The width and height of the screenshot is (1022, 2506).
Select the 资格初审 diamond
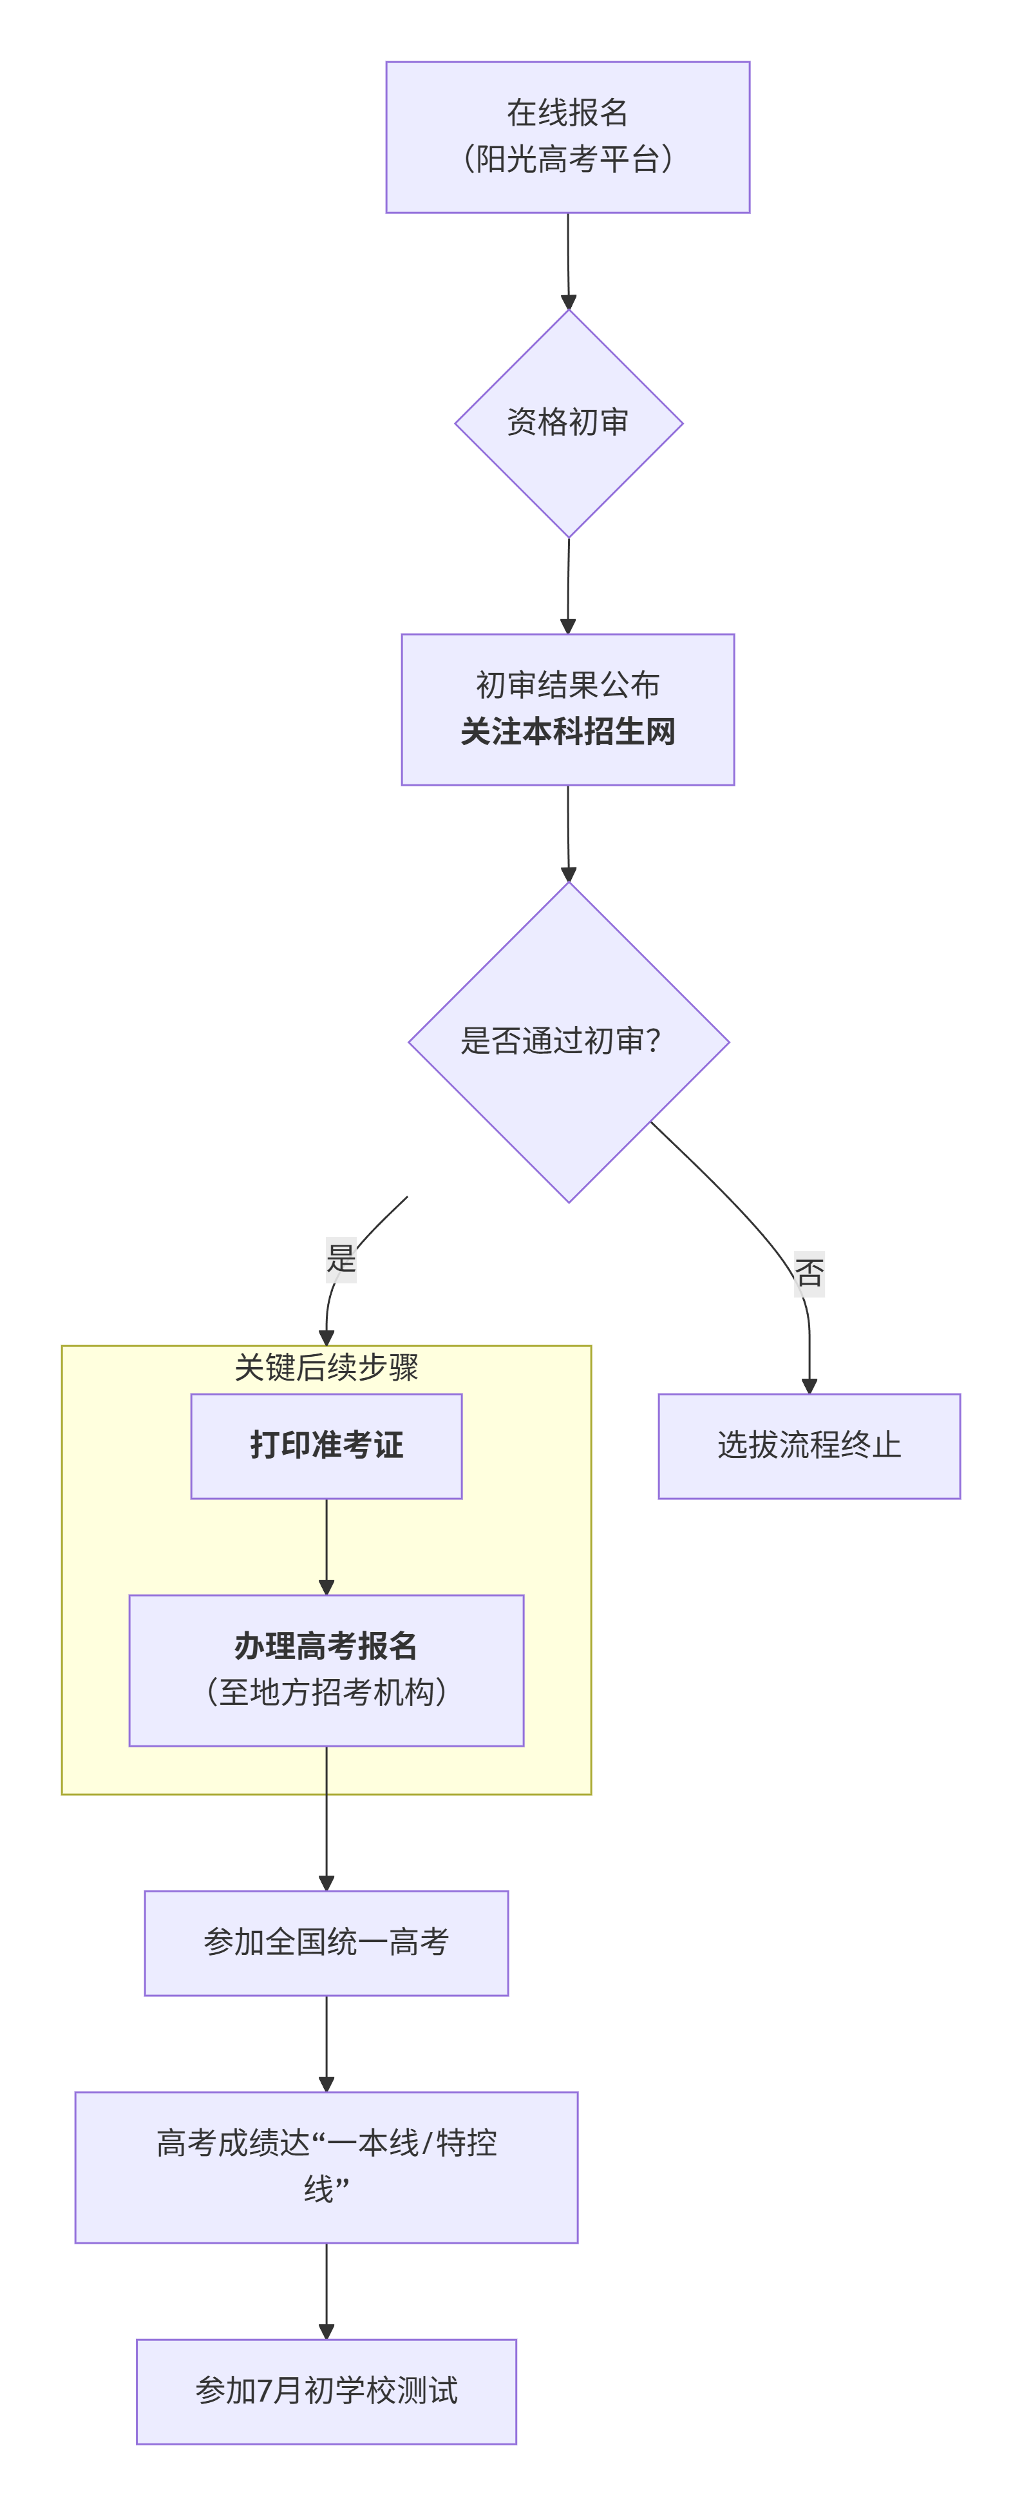pyautogui.click(x=568, y=423)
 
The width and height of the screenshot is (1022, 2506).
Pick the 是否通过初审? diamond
pyautogui.click(x=568, y=1042)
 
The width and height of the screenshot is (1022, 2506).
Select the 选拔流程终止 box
pyautogui.click(x=809, y=1446)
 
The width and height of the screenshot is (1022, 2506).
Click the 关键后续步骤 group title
pyautogui.click(x=326, y=1368)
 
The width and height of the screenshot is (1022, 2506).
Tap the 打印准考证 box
pyautogui.click(x=326, y=1446)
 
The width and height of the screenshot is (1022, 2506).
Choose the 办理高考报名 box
pyautogui.click(x=326, y=1647)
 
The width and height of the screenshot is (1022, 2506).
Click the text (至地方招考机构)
pyautogui.click(x=326, y=1693)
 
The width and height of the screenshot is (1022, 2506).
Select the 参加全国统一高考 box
pyautogui.click(x=326, y=1943)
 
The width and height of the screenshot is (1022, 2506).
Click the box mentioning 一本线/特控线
pyautogui.click(x=326, y=2168)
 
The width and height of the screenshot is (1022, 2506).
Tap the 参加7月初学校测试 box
pyautogui.click(x=326, y=2391)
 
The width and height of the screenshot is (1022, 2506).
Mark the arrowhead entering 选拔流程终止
pyautogui.click(x=809, y=1385)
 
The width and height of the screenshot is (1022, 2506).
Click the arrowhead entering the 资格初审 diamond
pyautogui.click(x=568, y=302)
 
